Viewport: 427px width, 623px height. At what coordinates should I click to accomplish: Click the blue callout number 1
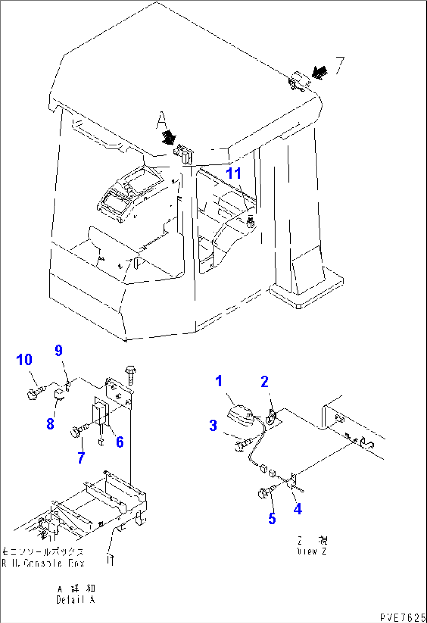coord(219,380)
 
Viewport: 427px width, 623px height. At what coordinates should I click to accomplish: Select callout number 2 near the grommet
coord(265,381)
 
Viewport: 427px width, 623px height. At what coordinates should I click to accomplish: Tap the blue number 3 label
coord(213,425)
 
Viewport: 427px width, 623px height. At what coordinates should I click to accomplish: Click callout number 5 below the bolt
coord(272,519)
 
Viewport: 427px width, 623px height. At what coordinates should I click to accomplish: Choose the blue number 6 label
coord(119,442)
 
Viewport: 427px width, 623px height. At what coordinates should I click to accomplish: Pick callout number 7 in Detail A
coord(81,457)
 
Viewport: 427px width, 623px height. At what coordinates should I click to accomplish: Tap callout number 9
coord(58,350)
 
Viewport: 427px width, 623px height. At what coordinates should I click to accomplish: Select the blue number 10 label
coord(24,359)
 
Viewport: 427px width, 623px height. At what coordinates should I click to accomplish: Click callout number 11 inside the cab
coord(234,173)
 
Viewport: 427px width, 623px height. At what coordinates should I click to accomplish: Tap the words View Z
coord(312,551)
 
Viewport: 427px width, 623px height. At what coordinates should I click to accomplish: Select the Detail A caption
coord(75,599)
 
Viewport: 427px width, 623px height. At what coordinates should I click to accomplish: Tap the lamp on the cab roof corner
coord(299,81)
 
